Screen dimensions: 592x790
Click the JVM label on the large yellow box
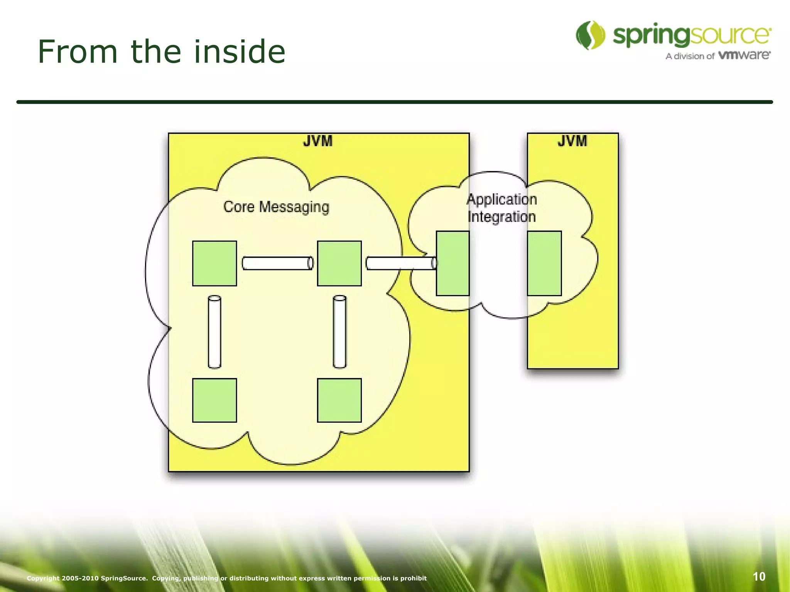pos(317,141)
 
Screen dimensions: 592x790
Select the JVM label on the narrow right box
pos(572,141)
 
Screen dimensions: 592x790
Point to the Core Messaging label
pos(276,207)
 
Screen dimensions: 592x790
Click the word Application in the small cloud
pos(502,199)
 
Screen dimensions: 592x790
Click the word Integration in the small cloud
pos(502,217)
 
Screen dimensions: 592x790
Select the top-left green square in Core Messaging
pos(214,263)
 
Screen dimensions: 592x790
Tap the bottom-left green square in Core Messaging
pos(214,400)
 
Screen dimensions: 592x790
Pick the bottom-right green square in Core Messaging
pos(339,400)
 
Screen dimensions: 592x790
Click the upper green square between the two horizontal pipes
pos(339,263)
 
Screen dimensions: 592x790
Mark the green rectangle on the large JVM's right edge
pos(452,263)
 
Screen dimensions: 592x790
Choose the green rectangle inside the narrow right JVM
pos(544,263)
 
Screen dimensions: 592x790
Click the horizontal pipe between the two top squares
pos(277,263)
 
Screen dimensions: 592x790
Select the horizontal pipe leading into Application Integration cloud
pos(401,263)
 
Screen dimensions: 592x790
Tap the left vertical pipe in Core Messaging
pos(214,332)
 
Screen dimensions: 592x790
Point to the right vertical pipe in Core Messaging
pos(339,332)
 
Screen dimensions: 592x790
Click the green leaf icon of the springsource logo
pos(591,35)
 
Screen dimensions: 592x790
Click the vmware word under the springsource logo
pos(744,55)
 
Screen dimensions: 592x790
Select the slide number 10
pos(759,577)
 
